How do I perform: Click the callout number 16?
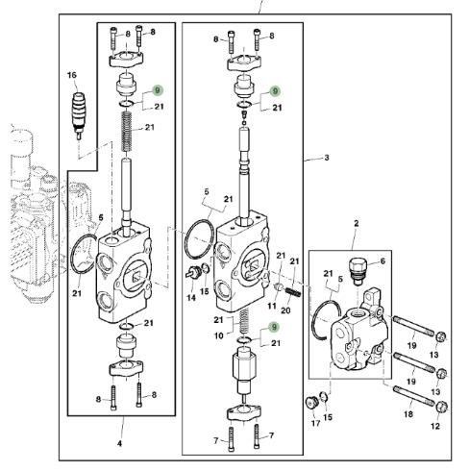pyautogui.click(x=72, y=75)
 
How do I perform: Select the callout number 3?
pyautogui.click(x=327, y=158)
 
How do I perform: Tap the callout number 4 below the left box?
pyautogui.click(x=119, y=443)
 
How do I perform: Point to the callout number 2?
pyautogui.click(x=357, y=223)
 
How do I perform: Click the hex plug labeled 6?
pyautogui.click(x=356, y=271)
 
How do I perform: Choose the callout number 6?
pyautogui.click(x=383, y=261)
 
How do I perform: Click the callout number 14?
pyautogui.click(x=191, y=298)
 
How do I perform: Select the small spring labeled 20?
pyautogui.click(x=293, y=292)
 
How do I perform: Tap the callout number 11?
pyautogui.click(x=272, y=306)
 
